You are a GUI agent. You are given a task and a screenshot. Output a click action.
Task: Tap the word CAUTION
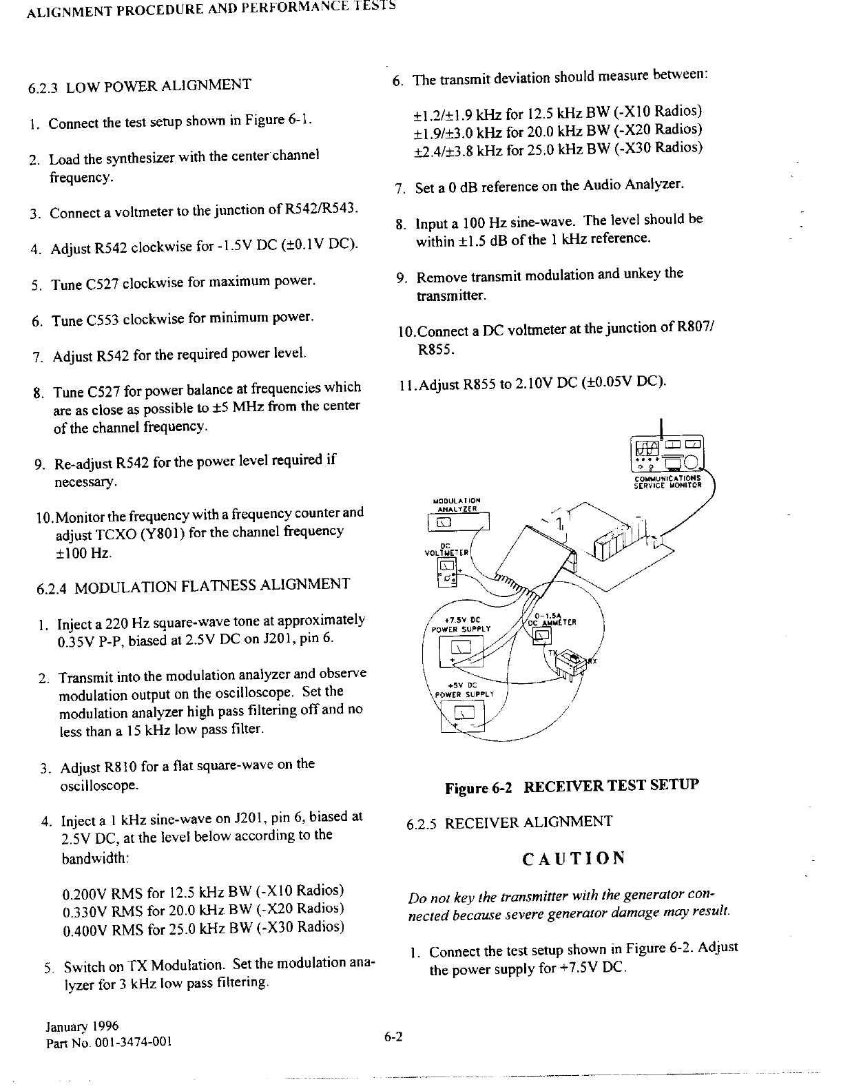[x=574, y=858]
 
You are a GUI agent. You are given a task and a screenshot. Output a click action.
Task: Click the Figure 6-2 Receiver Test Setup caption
[x=572, y=786]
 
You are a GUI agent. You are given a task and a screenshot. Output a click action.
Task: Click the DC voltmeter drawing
[x=446, y=572]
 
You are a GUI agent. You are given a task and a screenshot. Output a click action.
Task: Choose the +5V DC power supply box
[x=462, y=720]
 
